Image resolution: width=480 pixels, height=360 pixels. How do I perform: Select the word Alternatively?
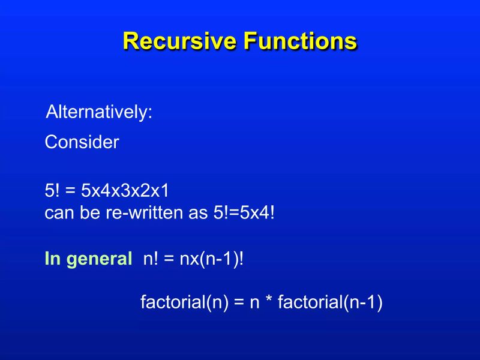[100, 112]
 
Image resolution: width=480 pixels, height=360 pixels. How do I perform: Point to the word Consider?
[82, 143]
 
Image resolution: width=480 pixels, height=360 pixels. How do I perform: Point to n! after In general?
[150, 259]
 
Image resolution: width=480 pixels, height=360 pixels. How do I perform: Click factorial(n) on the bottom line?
[184, 302]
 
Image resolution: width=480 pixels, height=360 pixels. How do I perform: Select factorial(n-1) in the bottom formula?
[330, 302]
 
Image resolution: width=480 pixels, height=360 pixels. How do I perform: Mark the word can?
[59, 214]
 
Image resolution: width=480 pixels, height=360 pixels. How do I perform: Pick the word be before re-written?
[90, 213]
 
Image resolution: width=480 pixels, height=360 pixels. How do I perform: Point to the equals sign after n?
[169, 260]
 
